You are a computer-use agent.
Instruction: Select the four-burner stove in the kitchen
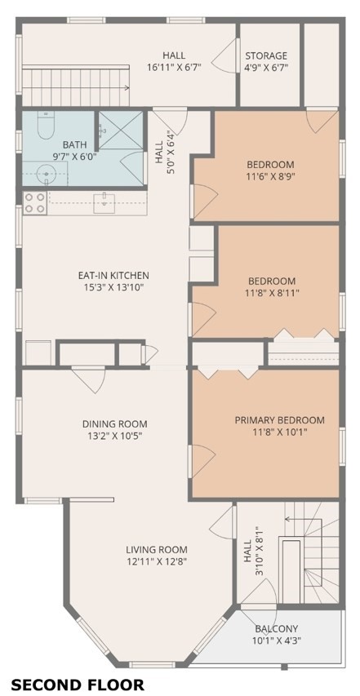[34, 202]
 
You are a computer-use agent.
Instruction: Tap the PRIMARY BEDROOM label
[279, 420]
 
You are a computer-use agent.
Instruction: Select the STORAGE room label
[266, 55]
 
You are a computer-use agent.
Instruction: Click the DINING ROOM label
[114, 423]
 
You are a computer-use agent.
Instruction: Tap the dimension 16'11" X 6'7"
[174, 68]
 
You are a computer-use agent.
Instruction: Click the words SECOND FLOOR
[78, 684]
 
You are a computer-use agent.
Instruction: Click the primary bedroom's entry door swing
[200, 460]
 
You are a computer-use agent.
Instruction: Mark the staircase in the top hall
[75, 82]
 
